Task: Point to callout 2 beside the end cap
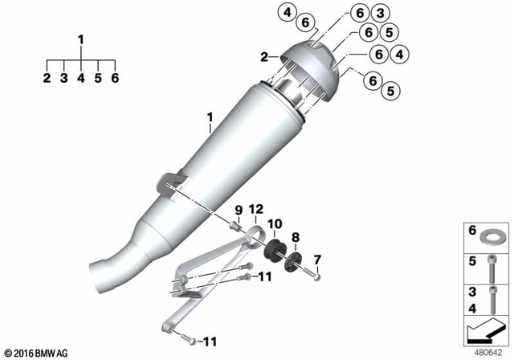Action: click(263, 57)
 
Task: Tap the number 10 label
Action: click(275, 222)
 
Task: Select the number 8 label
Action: click(296, 237)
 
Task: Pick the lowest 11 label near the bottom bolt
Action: click(210, 342)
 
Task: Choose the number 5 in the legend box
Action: click(471, 261)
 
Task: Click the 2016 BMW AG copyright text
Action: click(35, 352)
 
